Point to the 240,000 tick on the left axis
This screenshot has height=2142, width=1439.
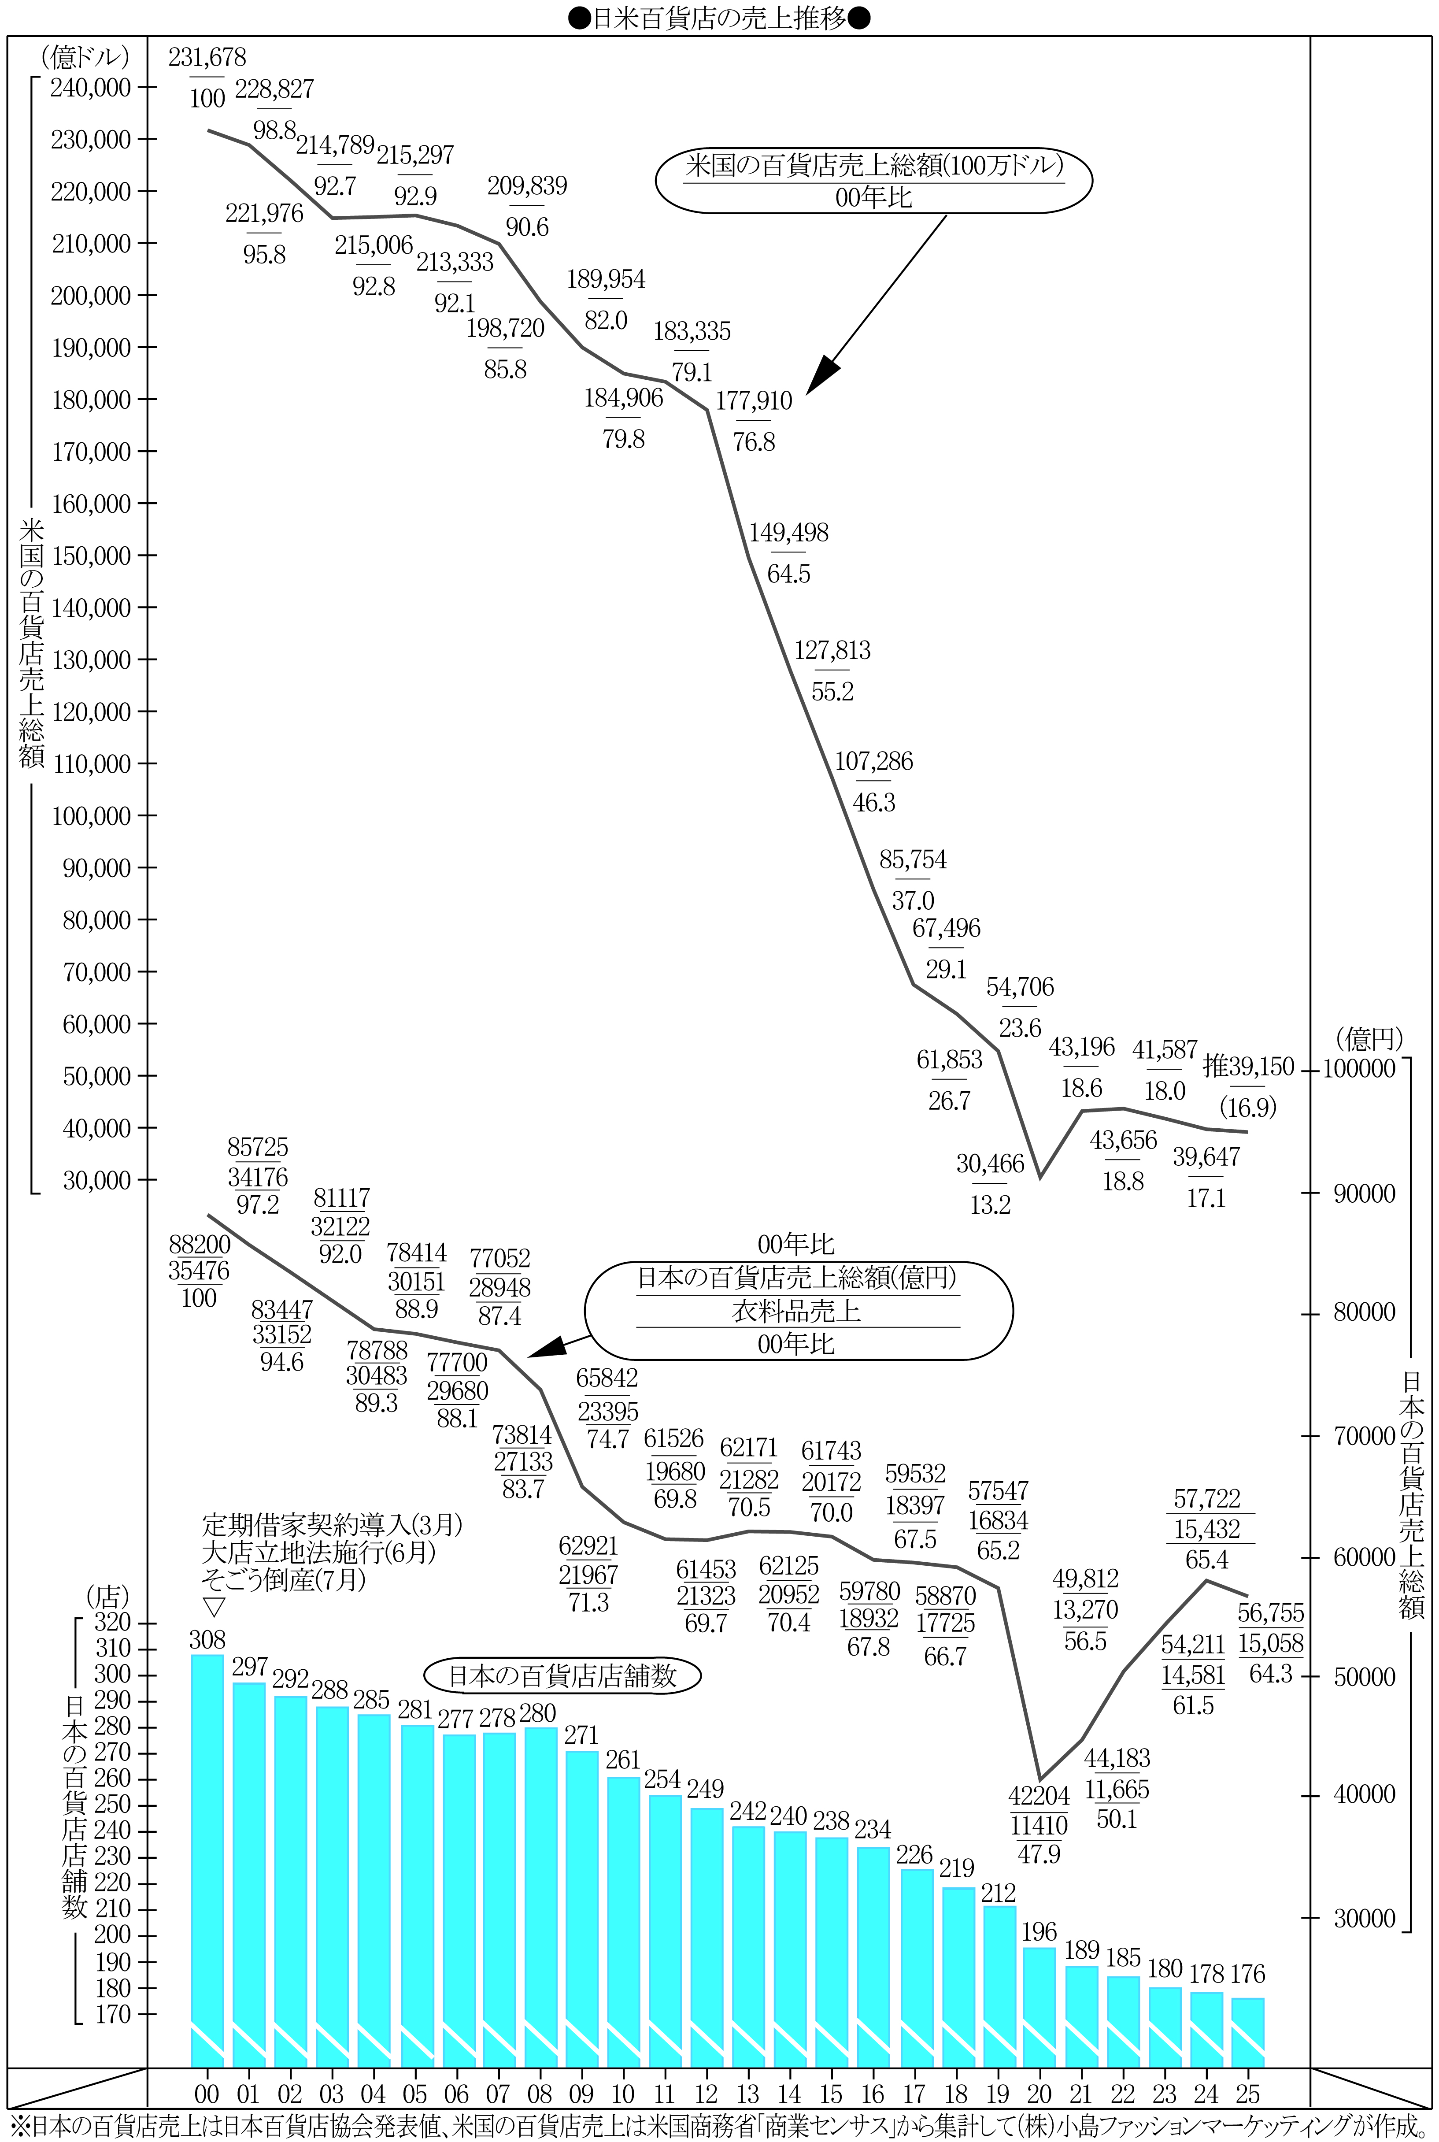coord(92,88)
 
